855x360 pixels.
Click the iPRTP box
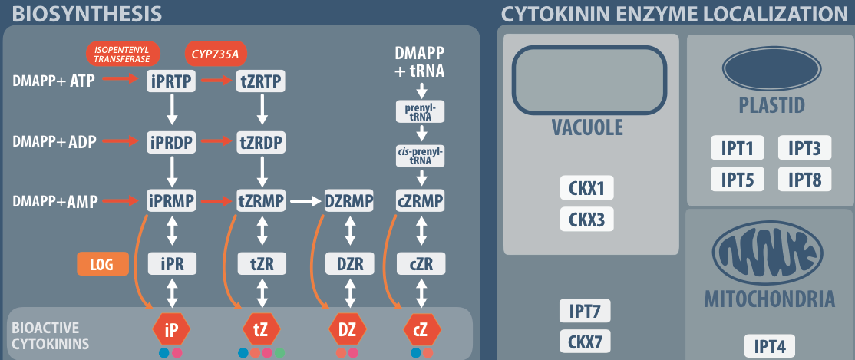click(x=173, y=80)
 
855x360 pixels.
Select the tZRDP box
click(x=262, y=141)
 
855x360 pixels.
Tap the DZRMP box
click(x=349, y=202)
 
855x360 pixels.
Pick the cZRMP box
click(x=421, y=202)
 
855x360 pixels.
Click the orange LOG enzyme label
click(x=101, y=264)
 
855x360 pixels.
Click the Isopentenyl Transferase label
click(x=123, y=53)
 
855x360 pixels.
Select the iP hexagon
click(x=171, y=330)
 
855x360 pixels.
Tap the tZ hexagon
click(x=261, y=330)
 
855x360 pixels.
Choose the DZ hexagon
click(x=347, y=330)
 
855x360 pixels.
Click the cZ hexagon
click(x=421, y=330)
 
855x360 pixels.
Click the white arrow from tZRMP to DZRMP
click(x=305, y=202)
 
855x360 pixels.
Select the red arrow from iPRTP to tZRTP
click(x=217, y=80)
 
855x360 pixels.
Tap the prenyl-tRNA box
click(x=421, y=112)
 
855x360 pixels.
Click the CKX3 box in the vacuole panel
click(x=587, y=220)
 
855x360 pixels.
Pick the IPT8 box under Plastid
click(x=804, y=180)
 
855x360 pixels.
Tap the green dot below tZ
click(x=281, y=353)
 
